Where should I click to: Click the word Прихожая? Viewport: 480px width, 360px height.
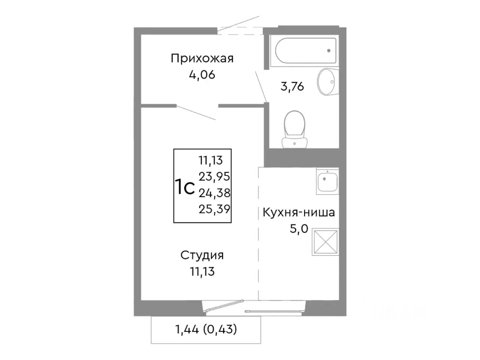tap(202, 58)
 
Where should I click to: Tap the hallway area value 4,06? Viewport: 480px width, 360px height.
tap(202, 75)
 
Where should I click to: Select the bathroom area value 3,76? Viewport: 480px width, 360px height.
tap(292, 87)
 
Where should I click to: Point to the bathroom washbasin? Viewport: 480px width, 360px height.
tap(326, 82)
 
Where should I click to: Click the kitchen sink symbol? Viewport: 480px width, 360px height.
tap(327, 181)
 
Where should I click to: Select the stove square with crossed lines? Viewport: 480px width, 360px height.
tap(325, 243)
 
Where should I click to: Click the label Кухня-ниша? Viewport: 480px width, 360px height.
tap(299, 213)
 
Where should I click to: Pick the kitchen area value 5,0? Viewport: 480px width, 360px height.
tap(299, 228)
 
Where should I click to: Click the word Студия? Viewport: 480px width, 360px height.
tap(202, 255)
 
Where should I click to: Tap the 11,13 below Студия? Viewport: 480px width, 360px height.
tap(202, 271)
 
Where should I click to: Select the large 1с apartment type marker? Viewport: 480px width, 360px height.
tap(184, 187)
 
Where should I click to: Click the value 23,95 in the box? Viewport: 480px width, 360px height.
tap(214, 176)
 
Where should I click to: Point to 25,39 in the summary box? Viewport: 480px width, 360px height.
tap(214, 209)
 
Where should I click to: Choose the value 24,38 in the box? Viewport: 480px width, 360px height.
tap(214, 193)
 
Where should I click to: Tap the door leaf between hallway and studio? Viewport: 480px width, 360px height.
tap(196, 113)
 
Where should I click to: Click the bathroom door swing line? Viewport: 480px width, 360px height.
tap(261, 86)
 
